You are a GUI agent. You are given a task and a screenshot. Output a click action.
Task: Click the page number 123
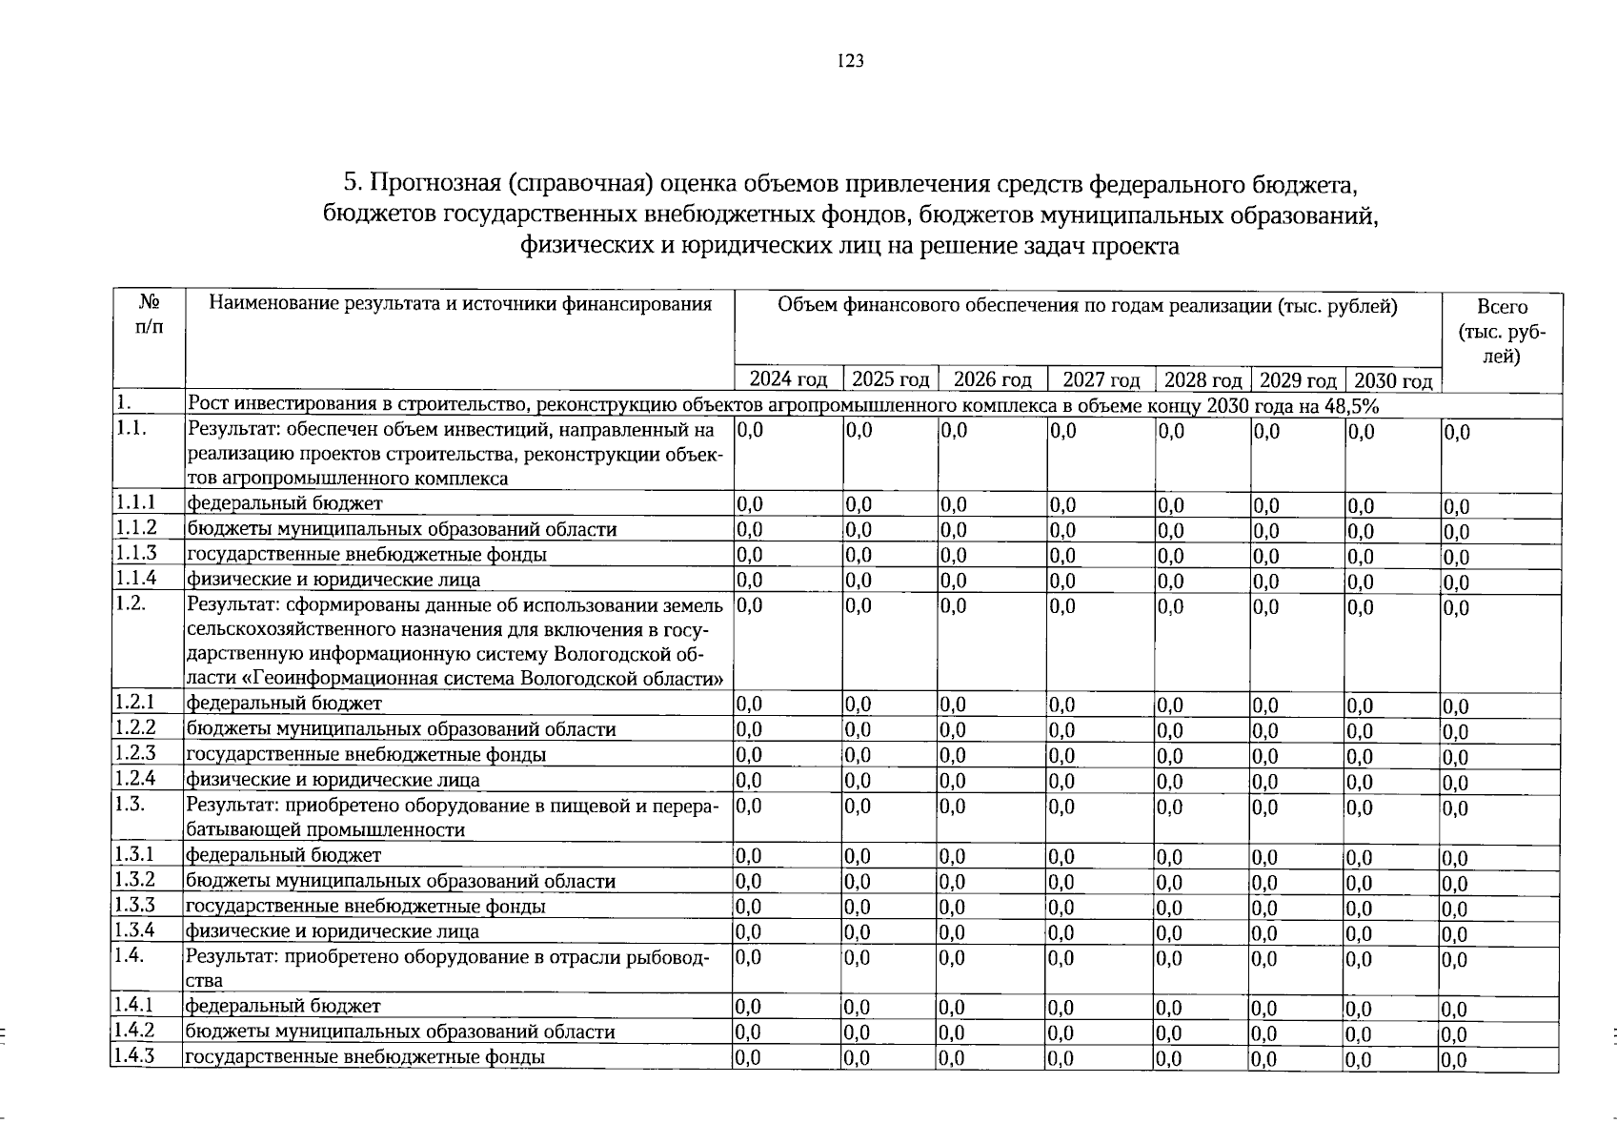850,62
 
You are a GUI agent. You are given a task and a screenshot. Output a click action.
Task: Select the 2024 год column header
788,380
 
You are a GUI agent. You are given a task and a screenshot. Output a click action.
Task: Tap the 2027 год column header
1101,380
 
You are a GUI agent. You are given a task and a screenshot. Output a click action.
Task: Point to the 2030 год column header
1393,381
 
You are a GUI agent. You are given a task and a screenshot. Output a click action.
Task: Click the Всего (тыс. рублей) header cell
1501,332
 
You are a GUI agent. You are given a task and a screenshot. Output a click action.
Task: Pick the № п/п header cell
149,315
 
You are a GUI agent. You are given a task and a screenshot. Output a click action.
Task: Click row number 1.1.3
135,554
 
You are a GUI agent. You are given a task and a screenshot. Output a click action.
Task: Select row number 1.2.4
135,779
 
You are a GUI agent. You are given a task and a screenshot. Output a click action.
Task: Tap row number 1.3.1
135,854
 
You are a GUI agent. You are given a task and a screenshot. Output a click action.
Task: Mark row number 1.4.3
135,1056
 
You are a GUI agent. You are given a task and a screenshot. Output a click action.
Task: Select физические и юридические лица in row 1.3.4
332,931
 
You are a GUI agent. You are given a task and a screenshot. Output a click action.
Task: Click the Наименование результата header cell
459,305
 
